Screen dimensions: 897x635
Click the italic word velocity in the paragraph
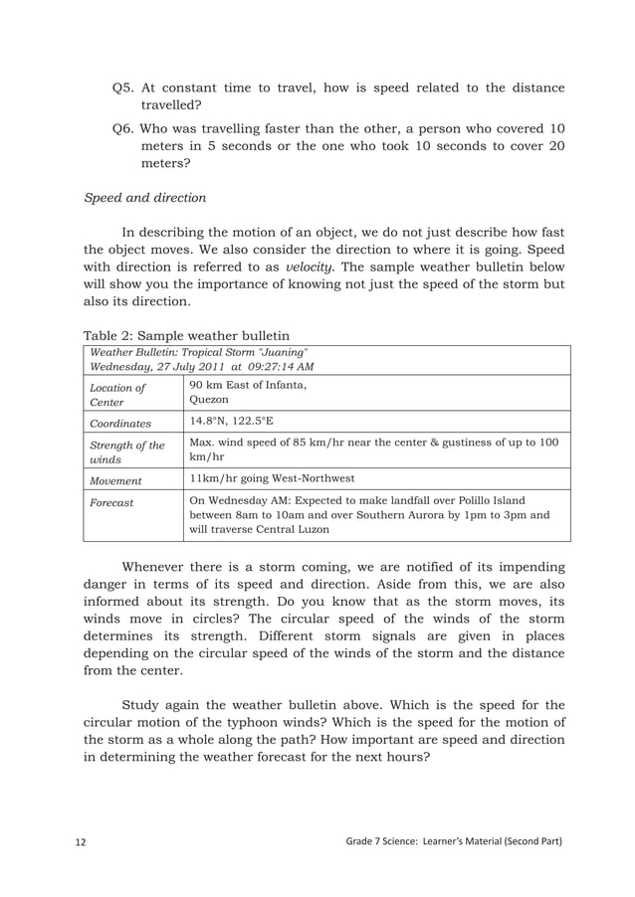(310, 268)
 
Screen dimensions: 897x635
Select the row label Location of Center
(117, 395)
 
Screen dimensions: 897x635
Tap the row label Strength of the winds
(125, 453)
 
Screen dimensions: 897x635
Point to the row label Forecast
(111, 502)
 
